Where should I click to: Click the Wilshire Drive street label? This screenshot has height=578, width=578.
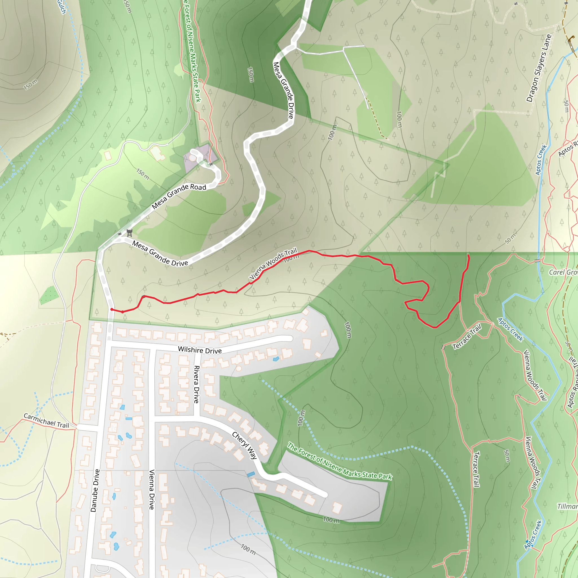(200, 350)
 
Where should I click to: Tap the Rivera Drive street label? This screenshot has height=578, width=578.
(196, 384)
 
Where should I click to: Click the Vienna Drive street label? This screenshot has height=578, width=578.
(152, 489)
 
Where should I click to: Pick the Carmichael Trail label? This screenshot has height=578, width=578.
(46, 421)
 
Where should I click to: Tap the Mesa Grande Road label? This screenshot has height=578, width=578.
(179, 196)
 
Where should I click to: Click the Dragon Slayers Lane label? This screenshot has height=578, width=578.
(538, 68)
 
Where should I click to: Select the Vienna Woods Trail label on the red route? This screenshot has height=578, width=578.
(273, 263)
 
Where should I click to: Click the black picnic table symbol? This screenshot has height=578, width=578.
(130, 233)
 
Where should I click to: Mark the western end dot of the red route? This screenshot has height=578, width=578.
(111, 309)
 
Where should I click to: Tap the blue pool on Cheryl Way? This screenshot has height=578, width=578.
(251, 474)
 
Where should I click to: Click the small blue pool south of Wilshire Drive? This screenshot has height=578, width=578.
(276, 359)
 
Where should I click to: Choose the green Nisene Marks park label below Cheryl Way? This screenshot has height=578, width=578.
(339, 461)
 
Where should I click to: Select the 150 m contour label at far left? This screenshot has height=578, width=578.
(31, 84)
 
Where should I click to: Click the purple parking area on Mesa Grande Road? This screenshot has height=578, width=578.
(200, 158)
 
